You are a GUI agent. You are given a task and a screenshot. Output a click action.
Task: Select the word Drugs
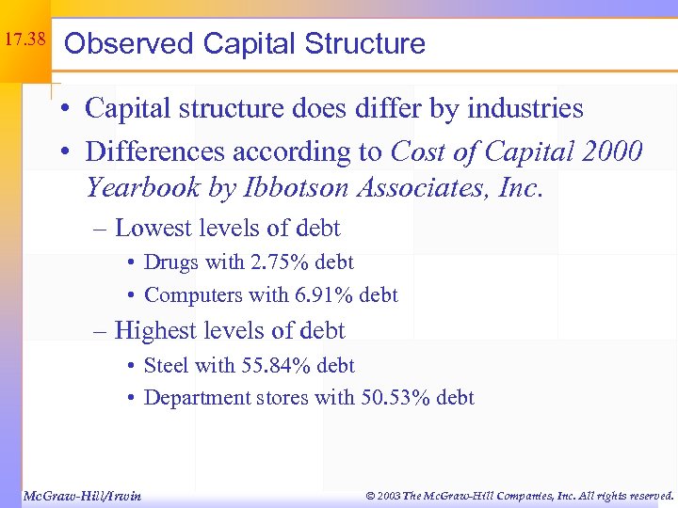point(172,262)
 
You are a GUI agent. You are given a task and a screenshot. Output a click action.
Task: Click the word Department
point(201,397)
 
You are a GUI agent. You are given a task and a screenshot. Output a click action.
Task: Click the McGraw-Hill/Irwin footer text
point(81,495)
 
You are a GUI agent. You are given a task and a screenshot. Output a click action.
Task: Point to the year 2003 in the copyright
point(386,495)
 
